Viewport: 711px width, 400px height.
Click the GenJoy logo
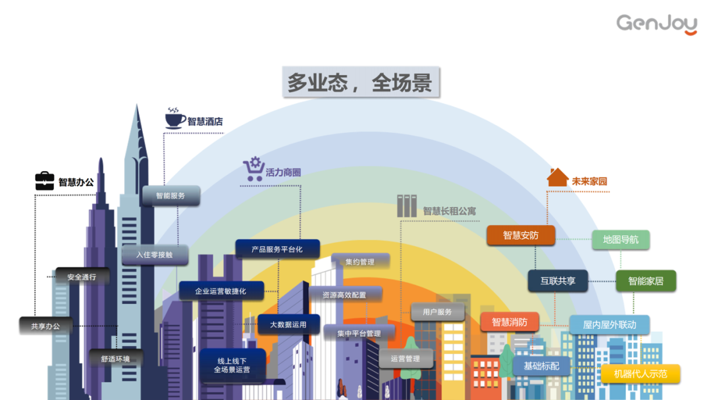pyautogui.click(x=656, y=24)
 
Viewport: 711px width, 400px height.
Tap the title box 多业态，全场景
pyautogui.click(x=359, y=82)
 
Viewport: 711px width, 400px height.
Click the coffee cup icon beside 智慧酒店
pyautogui.click(x=174, y=118)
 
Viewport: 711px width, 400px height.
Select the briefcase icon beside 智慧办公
pyautogui.click(x=45, y=181)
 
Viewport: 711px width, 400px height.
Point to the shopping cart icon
pyautogui.click(x=253, y=169)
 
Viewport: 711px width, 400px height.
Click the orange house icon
pyautogui.click(x=557, y=178)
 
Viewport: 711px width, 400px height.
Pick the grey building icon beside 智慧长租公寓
pyautogui.click(x=407, y=207)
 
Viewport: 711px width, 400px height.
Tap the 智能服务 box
pyautogui.click(x=171, y=196)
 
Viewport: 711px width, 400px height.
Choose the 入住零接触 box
pyautogui.click(x=155, y=255)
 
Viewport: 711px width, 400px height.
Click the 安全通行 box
pyautogui.click(x=82, y=277)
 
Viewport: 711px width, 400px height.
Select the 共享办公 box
pyautogui.click(x=45, y=326)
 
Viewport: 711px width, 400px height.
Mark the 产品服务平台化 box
pyautogui.click(x=277, y=249)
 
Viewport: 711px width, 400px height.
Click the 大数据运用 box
pyautogui.click(x=288, y=324)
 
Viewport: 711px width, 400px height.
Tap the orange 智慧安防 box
pyautogui.click(x=521, y=235)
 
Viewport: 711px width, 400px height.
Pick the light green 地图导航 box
pyautogui.click(x=621, y=239)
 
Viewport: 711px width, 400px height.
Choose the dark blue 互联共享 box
pyautogui.click(x=558, y=281)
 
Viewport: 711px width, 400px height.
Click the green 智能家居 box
pyautogui.click(x=645, y=281)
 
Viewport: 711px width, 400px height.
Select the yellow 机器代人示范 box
pyautogui.click(x=640, y=374)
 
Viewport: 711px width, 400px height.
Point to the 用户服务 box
pyautogui.click(x=437, y=312)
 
